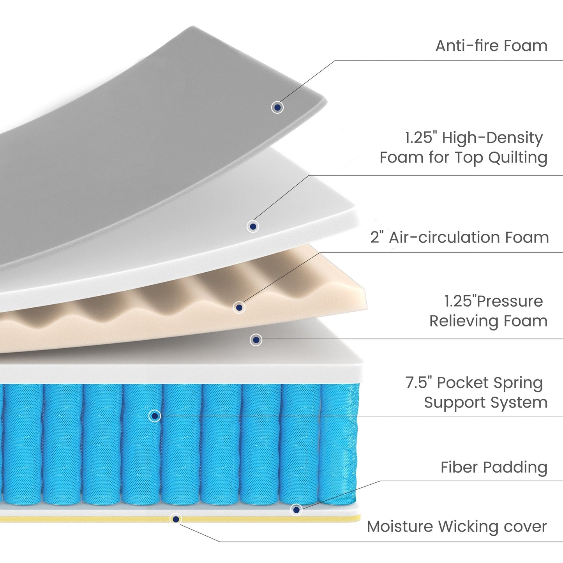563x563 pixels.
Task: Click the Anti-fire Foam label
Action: [491, 46]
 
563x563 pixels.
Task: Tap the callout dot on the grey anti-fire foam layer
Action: [277, 107]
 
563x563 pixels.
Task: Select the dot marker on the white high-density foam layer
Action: [253, 226]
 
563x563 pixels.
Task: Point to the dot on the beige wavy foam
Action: [239, 307]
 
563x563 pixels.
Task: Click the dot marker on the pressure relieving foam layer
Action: [256, 340]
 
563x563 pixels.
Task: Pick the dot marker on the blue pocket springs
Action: [155, 416]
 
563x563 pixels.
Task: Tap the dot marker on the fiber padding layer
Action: [297, 510]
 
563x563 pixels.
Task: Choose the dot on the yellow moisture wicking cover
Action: [176, 519]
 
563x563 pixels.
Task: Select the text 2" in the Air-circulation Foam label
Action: [377, 237]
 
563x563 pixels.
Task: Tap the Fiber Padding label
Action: [494, 467]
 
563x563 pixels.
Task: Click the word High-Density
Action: [492, 138]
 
